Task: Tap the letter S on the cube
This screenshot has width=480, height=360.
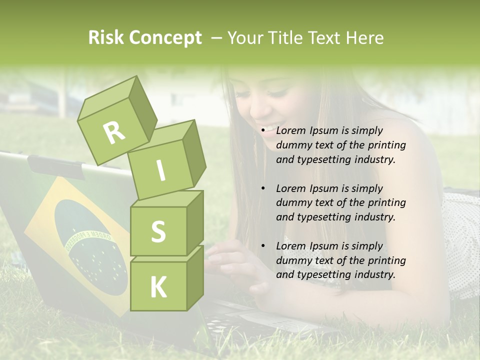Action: click(x=158, y=231)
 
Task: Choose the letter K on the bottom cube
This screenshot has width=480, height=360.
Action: click(x=158, y=287)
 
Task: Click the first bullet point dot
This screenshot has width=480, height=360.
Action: click(x=263, y=131)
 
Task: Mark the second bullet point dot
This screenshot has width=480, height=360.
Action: click(x=263, y=189)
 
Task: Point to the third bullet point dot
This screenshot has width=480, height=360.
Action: click(x=263, y=246)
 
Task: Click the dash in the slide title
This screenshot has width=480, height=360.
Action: click(x=217, y=38)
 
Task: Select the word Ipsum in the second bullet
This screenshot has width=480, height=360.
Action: click(x=324, y=188)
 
